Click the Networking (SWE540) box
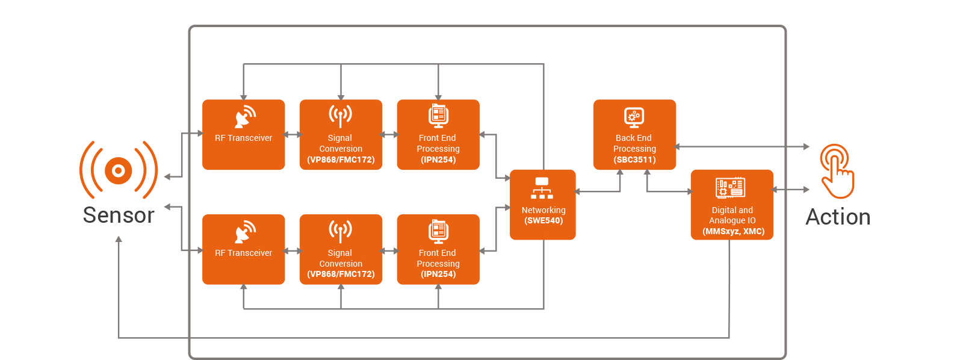point(542,205)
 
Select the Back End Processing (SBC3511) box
point(634,135)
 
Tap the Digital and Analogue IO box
point(732,205)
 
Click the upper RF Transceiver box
point(243,135)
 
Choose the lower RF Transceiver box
point(243,249)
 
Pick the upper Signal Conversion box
point(341,135)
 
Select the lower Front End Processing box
point(438,249)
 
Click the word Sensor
point(119,215)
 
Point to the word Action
point(838,217)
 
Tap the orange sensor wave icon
point(119,170)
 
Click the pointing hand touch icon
point(837,171)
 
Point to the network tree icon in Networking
point(542,188)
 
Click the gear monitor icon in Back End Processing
point(634,117)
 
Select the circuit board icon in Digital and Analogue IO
point(731,188)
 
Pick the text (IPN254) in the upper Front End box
point(438,160)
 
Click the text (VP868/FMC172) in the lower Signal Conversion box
point(341,274)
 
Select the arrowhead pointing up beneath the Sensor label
point(119,239)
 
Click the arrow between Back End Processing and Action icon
point(743,147)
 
